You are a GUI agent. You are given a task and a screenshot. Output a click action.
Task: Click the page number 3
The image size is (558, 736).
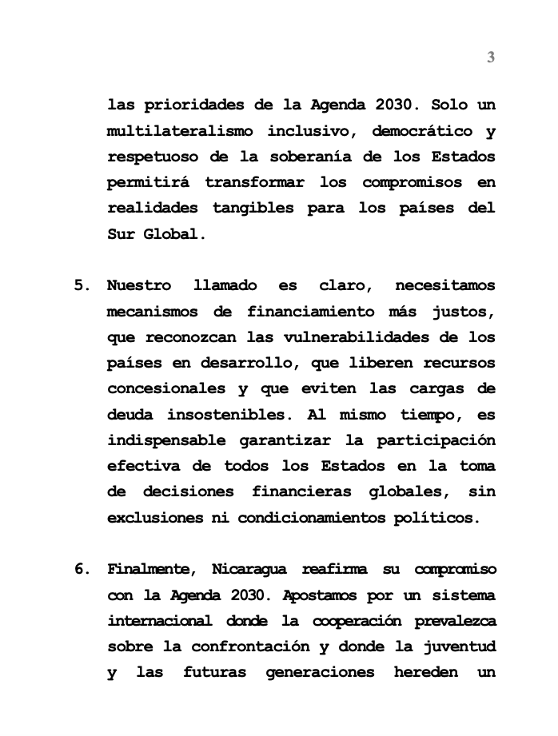coord(491,57)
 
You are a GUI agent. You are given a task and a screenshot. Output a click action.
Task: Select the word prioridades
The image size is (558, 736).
coord(191,105)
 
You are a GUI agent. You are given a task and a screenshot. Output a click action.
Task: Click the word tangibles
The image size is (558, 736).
coord(254,209)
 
